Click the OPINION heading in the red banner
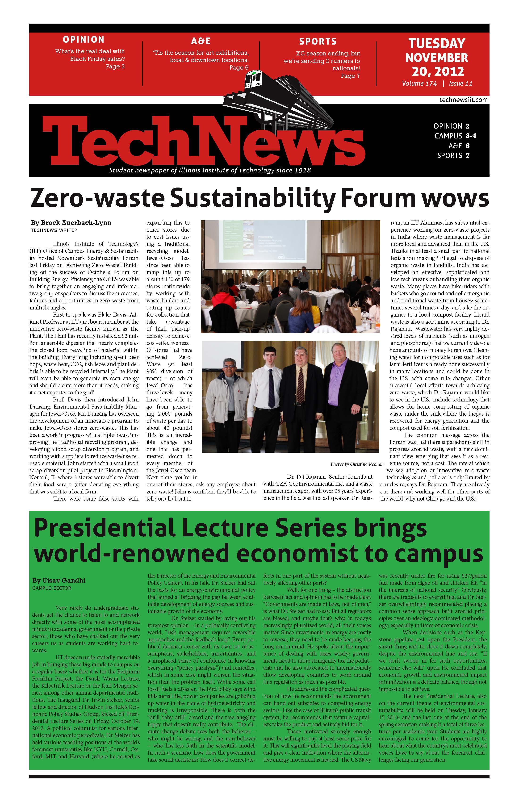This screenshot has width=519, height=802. pos(84,40)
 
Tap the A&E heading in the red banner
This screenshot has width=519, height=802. pos(201,41)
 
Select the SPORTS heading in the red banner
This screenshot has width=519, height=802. pos(318,42)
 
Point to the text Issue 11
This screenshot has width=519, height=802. pos(460,84)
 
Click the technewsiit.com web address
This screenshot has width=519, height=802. pos(463,100)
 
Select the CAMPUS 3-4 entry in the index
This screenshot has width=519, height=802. pos(455,136)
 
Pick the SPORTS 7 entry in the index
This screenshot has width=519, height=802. pos(453,155)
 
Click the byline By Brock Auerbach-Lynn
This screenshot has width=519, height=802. pos(71,223)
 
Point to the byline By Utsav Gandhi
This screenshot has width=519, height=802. pos(59,580)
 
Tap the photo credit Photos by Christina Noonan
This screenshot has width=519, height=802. pos(357,464)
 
